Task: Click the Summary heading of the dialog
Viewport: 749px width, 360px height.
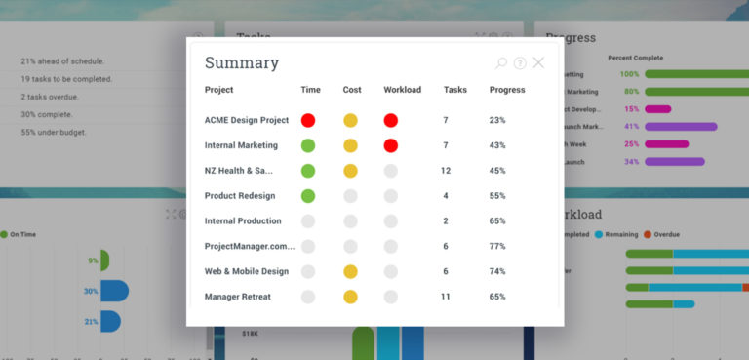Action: pyautogui.click(x=241, y=63)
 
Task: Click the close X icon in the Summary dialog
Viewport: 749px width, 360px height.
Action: pyautogui.click(x=538, y=63)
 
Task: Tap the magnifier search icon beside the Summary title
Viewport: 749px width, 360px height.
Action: pyautogui.click(x=501, y=63)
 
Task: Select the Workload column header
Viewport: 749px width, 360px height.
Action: pyautogui.click(x=402, y=90)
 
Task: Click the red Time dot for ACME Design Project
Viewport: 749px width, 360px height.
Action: pyautogui.click(x=308, y=120)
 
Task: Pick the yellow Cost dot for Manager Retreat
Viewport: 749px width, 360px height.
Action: pyautogui.click(x=350, y=297)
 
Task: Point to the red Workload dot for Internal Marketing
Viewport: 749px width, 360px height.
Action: pyautogui.click(x=391, y=145)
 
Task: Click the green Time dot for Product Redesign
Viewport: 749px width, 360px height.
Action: pyautogui.click(x=308, y=196)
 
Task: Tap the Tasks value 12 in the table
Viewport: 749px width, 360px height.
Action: pyautogui.click(x=446, y=171)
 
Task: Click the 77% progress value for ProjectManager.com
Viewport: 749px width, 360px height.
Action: pyautogui.click(x=497, y=247)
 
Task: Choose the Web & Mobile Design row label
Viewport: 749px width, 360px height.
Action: pyautogui.click(x=247, y=271)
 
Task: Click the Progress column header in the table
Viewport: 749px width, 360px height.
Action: pyautogui.click(x=507, y=90)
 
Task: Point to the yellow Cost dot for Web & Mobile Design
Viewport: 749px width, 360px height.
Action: pyautogui.click(x=350, y=271)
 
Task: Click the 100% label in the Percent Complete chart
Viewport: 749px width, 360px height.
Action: pyautogui.click(x=629, y=74)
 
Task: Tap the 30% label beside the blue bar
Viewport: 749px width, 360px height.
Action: pyautogui.click(x=91, y=291)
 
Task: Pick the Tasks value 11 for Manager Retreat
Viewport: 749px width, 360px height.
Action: pyautogui.click(x=446, y=297)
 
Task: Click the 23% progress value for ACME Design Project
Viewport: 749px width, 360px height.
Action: pyautogui.click(x=497, y=120)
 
